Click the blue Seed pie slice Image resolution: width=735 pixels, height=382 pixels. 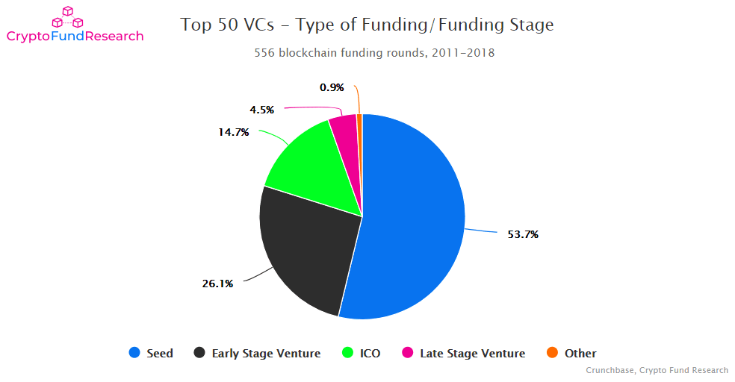point(411,216)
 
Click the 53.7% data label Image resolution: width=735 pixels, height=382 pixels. point(523,234)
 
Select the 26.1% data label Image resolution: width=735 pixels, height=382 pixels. point(217,284)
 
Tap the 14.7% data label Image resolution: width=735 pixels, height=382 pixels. point(234,133)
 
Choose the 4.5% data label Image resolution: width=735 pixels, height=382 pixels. point(261,110)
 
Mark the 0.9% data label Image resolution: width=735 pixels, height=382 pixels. point(332,87)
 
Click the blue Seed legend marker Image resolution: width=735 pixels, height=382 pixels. point(134,353)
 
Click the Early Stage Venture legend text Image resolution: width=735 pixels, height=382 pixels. point(266,354)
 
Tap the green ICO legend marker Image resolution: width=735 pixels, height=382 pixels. point(347,353)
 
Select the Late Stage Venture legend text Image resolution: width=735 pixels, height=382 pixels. point(472,354)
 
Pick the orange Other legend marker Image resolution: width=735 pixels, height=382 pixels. point(552,353)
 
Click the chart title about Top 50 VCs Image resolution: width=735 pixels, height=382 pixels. point(367,25)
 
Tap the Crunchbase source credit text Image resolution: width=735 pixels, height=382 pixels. point(657,371)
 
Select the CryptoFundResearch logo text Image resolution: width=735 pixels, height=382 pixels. point(75,37)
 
